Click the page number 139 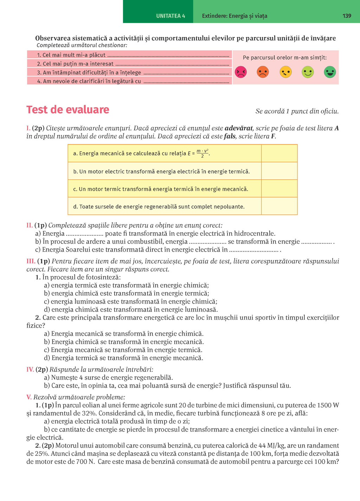pos(347,16)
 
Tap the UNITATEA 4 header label pos(171,16)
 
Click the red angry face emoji pos(241,72)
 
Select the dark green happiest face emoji pos(330,72)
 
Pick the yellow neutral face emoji pos(285,72)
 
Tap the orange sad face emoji pos(263,72)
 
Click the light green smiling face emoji pos(308,72)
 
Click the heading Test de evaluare pos(68,109)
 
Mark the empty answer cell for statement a pos(279,153)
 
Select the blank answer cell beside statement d pos(279,206)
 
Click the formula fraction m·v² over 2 pos(202,153)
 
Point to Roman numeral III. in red pos(31,261)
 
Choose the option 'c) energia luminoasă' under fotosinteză pos(130,302)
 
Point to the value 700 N pos(85,462)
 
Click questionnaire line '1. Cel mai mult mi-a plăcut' pos(71,55)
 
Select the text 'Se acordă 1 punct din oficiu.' pos(297,111)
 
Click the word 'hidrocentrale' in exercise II pos(254,234)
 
